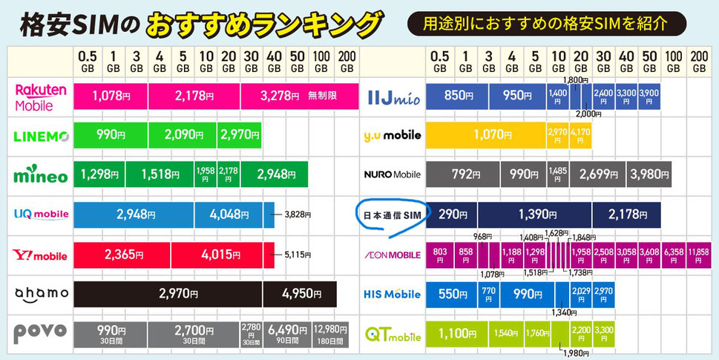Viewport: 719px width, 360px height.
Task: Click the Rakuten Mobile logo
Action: pyautogui.click(x=41, y=96)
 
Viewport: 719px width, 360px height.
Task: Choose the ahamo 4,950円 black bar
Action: pyautogui.click(x=299, y=294)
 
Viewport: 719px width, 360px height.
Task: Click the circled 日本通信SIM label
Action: pyautogui.click(x=391, y=215)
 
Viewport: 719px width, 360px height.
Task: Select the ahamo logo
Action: pyautogui.click(x=41, y=293)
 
